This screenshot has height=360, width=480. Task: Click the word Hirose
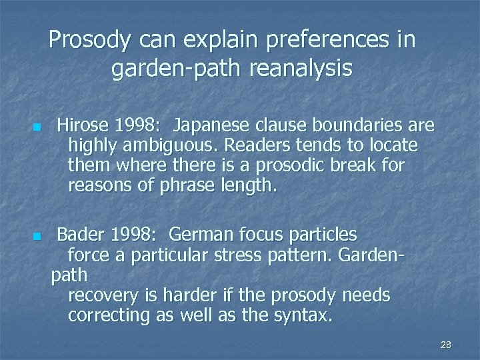click(81, 125)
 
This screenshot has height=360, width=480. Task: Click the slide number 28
click(446, 345)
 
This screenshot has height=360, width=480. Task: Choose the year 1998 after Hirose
click(135, 125)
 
